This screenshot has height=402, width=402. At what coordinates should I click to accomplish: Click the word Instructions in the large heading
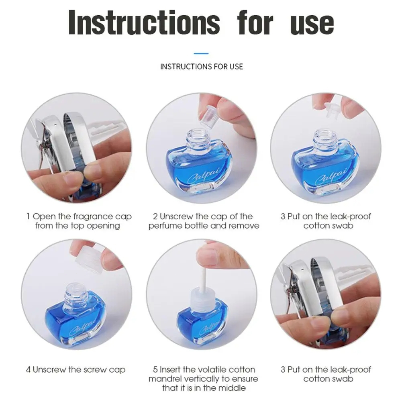(x=144, y=22)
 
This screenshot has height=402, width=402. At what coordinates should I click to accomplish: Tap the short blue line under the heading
(x=201, y=53)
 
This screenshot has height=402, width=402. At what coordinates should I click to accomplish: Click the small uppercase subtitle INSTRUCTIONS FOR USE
(x=202, y=67)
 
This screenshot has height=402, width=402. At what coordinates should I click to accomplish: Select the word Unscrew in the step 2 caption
(x=177, y=216)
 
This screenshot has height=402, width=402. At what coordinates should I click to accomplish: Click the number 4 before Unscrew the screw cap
(x=28, y=370)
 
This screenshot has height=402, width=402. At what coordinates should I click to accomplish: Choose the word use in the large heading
(x=312, y=25)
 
